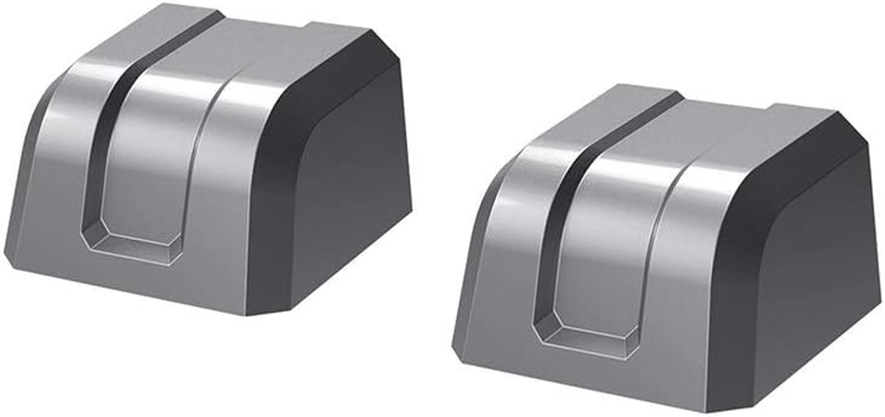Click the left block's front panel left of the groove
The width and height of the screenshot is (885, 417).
click(x=57, y=182)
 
